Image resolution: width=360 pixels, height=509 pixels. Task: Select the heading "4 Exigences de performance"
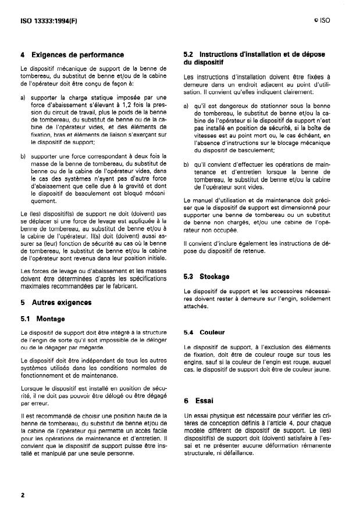coord(72,55)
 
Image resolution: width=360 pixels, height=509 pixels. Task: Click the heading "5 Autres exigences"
coord(56,303)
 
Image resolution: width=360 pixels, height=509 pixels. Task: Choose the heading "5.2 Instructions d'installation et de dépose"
coord(254,55)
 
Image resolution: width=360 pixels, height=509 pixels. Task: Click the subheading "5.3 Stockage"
coord(206,277)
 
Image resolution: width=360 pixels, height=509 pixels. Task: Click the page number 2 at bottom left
coord(22,495)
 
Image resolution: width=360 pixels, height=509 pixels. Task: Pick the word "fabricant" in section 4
coord(138,286)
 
